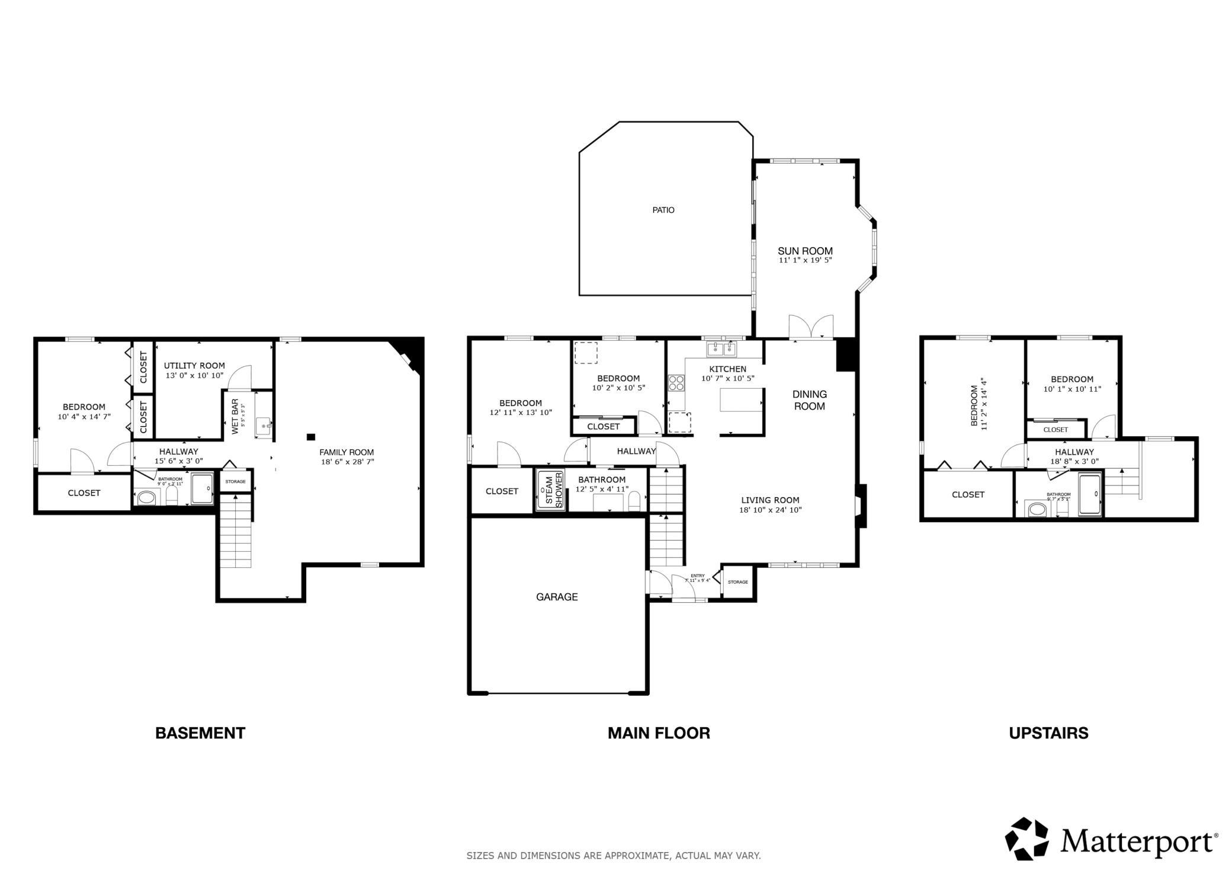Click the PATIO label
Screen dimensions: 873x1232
(x=663, y=210)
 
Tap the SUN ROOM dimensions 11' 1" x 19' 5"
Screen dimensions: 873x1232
(x=805, y=260)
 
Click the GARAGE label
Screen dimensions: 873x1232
(x=556, y=597)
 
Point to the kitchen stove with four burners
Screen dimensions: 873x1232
(x=676, y=383)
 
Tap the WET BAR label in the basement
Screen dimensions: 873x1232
(x=235, y=417)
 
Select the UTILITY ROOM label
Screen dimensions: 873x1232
(x=194, y=366)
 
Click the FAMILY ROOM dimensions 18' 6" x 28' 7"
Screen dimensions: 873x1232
(x=346, y=462)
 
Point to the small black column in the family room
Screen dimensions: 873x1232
(x=310, y=437)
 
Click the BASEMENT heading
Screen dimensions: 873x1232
(x=200, y=733)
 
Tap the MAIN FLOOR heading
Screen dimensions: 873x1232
(x=659, y=733)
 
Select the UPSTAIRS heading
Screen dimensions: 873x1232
(x=1048, y=733)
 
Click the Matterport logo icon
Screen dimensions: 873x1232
(x=1027, y=839)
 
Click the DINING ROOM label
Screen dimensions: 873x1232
(x=809, y=400)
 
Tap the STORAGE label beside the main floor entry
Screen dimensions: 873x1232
(x=737, y=582)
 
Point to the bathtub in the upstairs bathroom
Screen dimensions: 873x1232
(x=1090, y=494)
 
